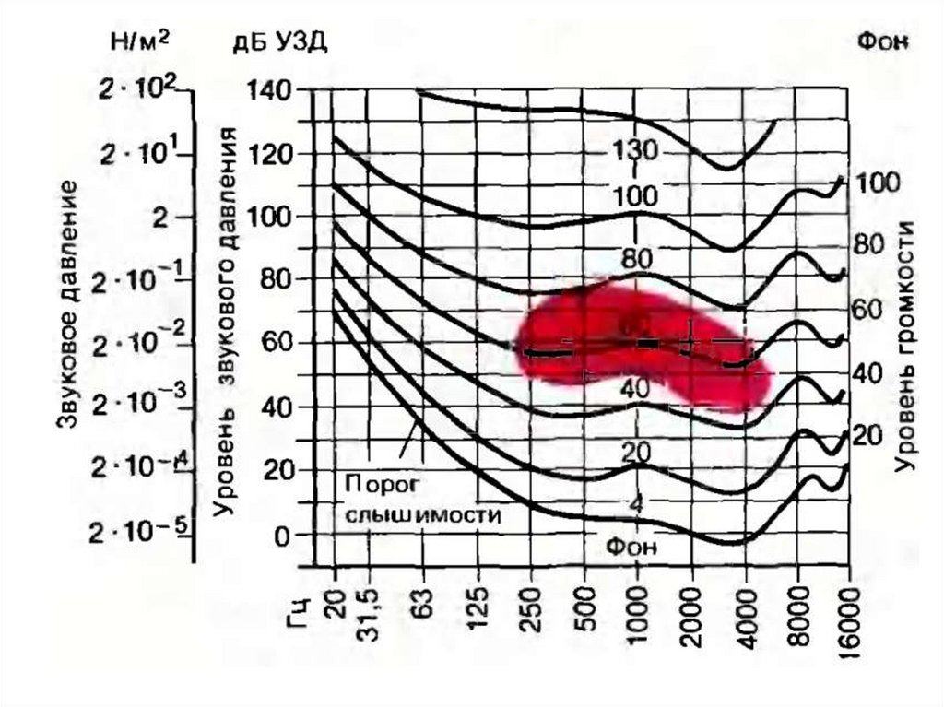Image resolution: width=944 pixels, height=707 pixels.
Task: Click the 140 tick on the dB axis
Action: point(269,89)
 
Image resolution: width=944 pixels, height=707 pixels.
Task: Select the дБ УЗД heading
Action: point(278,42)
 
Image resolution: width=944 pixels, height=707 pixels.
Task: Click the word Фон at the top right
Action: point(883,41)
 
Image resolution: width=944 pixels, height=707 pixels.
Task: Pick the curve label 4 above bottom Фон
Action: point(636,503)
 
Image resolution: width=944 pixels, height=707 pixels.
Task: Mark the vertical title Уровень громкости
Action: point(909,346)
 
